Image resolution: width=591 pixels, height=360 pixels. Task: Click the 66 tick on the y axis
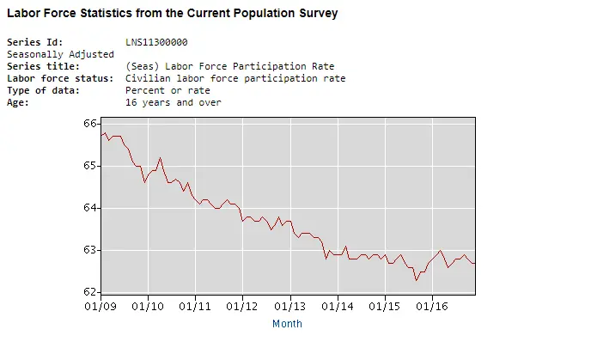90,123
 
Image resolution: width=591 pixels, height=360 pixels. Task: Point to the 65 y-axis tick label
90,165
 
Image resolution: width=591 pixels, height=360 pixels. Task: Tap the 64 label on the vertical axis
90,208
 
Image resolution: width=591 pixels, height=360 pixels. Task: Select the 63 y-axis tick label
90,250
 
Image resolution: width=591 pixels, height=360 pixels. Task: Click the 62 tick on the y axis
90,292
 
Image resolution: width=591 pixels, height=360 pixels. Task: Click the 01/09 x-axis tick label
100,306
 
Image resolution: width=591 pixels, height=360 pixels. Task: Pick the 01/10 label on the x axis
148,306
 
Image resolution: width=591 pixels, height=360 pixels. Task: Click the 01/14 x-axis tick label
338,306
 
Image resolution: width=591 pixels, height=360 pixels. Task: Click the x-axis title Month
287,324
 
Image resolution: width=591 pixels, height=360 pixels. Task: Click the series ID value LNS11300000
156,42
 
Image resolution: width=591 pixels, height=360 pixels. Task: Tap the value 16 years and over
173,102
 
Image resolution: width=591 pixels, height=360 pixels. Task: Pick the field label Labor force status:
60,78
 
